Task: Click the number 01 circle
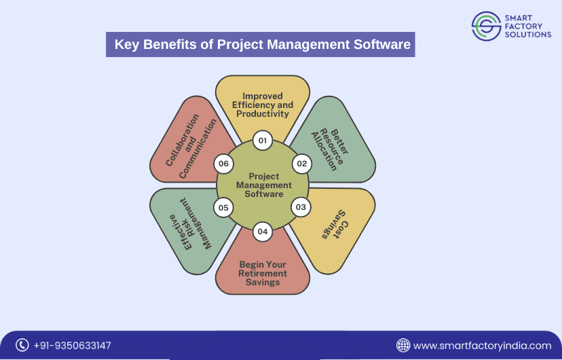[x=263, y=141]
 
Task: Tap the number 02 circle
[x=302, y=164]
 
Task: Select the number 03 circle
[x=301, y=206]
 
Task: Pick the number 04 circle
[x=263, y=232]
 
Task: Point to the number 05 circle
[x=224, y=207]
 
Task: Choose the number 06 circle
[x=223, y=164]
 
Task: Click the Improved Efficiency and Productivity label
[x=263, y=105]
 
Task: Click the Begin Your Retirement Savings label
[x=263, y=273]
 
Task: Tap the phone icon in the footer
[x=22, y=345]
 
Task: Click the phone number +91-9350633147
[x=72, y=346]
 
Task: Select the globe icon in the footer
[x=403, y=345]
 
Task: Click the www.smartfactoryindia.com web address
[x=482, y=346]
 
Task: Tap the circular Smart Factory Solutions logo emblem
[x=485, y=25]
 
